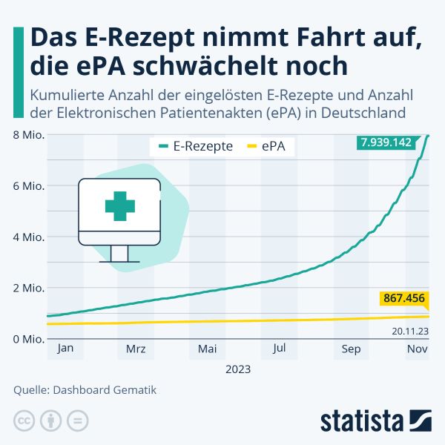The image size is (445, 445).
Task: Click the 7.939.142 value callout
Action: point(386,142)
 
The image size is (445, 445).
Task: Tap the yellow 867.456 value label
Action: point(404,299)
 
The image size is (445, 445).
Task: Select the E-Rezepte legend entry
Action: point(197,146)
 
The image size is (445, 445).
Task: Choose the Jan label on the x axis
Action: point(65,349)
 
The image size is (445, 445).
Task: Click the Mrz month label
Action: point(136,349)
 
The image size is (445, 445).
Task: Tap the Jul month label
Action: point(280,349)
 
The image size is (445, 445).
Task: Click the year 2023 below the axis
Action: point(238,369)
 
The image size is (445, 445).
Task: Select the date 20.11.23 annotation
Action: point(409,332)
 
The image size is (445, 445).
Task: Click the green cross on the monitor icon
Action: point(119,205)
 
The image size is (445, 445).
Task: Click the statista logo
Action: point(376,420)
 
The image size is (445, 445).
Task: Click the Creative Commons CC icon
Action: point(24,421)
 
